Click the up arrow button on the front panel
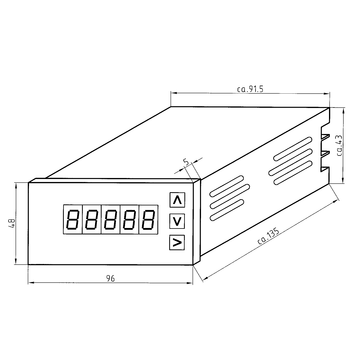tap(177, 200)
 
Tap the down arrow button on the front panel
tap(177, 221)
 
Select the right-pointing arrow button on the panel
tap(177, 242)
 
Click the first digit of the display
tap(72, 220)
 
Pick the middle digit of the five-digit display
tap(111, 220)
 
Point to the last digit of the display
tap(149, 220)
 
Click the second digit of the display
tap(91, 220)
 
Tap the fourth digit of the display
tap(130, 220)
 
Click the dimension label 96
tap(110, 278)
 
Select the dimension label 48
tap(11, 223)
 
